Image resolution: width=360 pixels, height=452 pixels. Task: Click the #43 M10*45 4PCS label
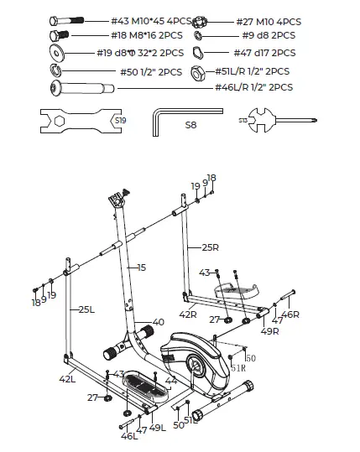149,20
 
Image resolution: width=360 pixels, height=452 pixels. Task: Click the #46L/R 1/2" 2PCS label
253,87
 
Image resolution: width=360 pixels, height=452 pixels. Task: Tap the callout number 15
141,268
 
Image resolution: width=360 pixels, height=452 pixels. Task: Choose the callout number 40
158,322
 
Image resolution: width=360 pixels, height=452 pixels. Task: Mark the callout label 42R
188,314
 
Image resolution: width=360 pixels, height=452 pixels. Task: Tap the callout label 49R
270,331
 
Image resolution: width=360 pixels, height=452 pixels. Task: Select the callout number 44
170,380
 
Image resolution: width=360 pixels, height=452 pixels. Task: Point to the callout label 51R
238,366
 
